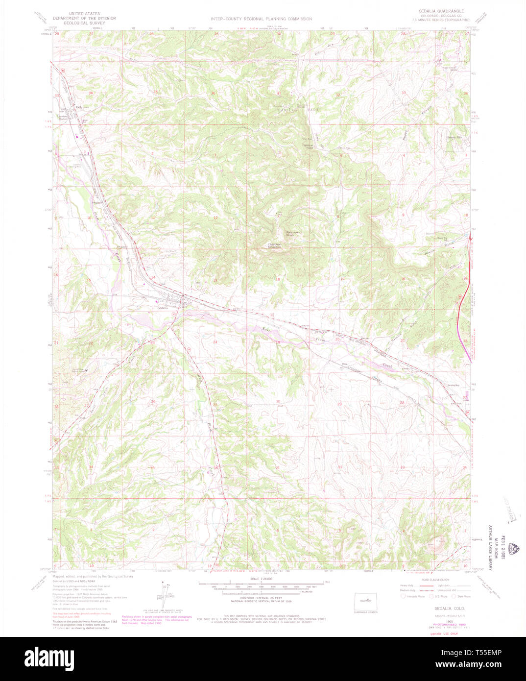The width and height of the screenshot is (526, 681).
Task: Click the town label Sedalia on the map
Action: (x=162, y=308)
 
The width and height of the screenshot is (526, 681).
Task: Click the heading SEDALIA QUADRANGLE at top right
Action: (x=441, y=10)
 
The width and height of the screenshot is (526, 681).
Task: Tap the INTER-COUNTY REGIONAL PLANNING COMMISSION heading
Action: (x=261, y=19)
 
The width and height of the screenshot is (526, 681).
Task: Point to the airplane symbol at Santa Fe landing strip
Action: (x=87, y=370)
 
